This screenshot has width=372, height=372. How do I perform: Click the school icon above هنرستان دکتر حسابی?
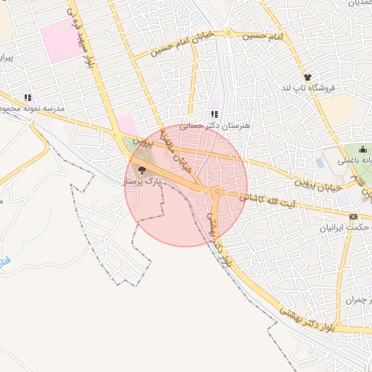[x=214, y=114]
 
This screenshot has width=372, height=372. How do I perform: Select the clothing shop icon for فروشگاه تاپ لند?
[x=307, y=76]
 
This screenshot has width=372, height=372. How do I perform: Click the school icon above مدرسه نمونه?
[x=27, y=97]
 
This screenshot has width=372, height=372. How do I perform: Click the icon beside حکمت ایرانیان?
[x=353, y=217]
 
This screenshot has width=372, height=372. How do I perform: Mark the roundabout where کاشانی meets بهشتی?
[x=217, y=191]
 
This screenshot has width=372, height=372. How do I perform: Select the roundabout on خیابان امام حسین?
[x=228, y=33]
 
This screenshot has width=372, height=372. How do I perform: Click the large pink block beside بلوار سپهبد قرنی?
[x=60, y=39]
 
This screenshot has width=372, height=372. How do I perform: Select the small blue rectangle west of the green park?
[x=320, y=163]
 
